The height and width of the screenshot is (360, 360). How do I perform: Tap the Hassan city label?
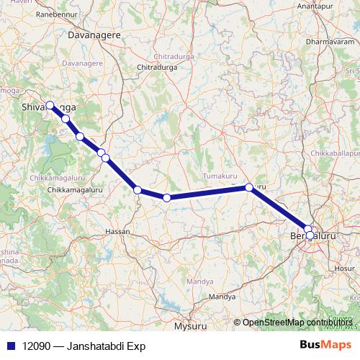(118, 232)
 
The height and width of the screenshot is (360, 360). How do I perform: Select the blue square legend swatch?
(9, 346)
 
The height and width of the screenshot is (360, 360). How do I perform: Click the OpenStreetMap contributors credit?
(292, 322)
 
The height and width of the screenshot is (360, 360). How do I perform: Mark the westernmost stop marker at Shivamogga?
(50, 105)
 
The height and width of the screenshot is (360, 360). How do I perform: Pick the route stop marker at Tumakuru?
(249, 187)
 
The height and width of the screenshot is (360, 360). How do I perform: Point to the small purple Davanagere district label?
(84, 63)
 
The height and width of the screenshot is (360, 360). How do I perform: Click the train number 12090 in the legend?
(37, 346)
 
